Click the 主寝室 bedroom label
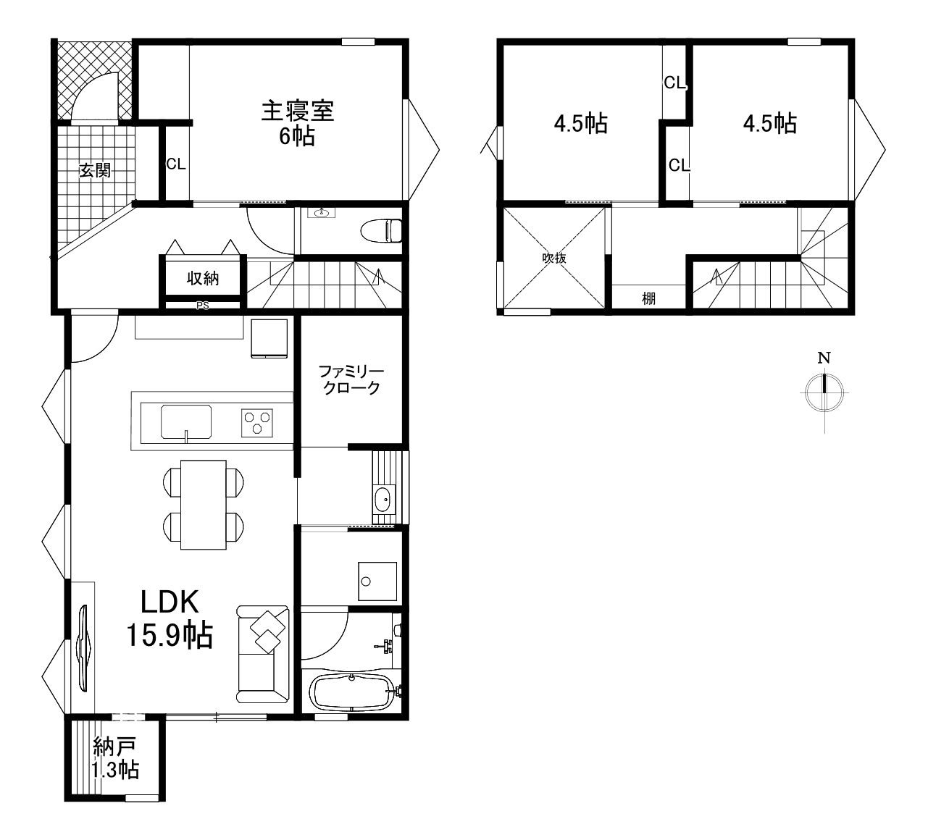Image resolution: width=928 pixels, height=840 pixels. coord(298,111)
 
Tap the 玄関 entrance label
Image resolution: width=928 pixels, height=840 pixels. coord(95,170)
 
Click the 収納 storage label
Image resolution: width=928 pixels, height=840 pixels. coord(203,279)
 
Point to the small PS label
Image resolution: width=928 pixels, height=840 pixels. coord(203,306)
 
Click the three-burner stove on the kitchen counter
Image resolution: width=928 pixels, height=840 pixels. coord(256,423)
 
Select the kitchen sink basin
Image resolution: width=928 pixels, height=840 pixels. coord(186,421)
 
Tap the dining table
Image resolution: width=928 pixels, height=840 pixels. coord(203,505)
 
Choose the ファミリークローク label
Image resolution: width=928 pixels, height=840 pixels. coord(351,379)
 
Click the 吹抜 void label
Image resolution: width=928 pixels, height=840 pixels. coord(553,258)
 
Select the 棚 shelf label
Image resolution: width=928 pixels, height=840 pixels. coord(648,298)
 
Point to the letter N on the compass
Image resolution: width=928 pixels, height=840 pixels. coord(824,358)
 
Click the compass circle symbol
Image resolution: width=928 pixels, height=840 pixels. coord(824,393)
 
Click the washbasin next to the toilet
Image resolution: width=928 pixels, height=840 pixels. coord(322,213)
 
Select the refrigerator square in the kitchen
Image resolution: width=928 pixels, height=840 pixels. coord(269,338)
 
